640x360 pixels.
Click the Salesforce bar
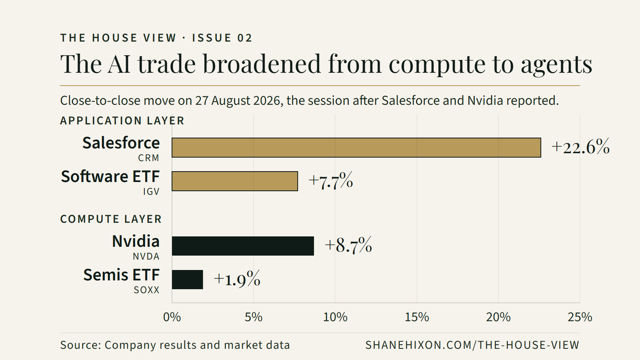coord(356,148)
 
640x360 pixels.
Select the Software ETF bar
coord(234,181)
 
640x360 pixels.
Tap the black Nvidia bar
coord(243,246)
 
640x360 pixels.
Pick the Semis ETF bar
coord(188,280)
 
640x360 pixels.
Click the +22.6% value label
coord(580,147)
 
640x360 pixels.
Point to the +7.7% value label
coord(331,180)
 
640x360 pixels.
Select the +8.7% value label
coord(348,245)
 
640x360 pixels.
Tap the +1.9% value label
coord(237,279)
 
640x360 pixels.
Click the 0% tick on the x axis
coord(172,317)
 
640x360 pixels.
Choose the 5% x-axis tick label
coord(254,317)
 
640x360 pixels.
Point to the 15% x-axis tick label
coord(417,317)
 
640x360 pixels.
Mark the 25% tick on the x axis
coord(580,317)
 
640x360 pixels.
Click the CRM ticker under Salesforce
coord(148,158)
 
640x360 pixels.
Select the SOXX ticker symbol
coord(146,290)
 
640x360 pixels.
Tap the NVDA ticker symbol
coord(146,256)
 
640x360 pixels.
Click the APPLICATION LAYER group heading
coord(122,120)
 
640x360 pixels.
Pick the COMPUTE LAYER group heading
coord(111,219)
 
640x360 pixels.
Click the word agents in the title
coord(556,64)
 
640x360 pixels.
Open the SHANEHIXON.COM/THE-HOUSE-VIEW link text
coord(472,345)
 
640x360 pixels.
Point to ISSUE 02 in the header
coord(222,38)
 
